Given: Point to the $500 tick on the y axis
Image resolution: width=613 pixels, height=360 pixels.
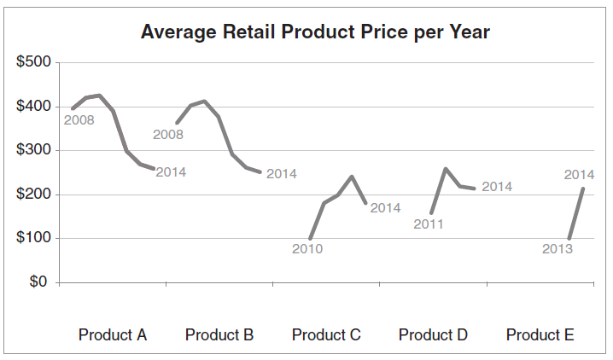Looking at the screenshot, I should coord(34,63).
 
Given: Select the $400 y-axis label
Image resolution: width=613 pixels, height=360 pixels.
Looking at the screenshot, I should coord(34,107).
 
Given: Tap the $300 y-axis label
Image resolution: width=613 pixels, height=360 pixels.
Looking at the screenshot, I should coord(34,151).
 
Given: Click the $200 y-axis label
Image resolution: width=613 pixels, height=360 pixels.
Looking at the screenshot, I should coord(34,195).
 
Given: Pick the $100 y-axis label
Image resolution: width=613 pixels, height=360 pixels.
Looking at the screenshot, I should coord(34,239).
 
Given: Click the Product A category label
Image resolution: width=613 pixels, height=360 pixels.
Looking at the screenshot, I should coord(113,334).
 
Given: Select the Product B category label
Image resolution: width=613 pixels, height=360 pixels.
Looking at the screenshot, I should coord(219,334).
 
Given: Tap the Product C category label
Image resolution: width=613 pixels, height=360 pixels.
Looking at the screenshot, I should coord(326,334).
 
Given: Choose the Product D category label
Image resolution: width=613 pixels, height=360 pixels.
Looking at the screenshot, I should coord(433,334).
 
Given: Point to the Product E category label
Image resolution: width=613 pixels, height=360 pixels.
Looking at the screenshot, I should coord(540,334).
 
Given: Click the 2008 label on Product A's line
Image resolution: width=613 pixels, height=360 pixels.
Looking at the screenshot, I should coord(79,120).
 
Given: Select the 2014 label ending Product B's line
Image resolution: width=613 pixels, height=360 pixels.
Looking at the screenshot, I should coord(281,174).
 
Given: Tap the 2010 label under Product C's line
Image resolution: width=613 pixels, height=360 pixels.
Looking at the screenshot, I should coord(307,249).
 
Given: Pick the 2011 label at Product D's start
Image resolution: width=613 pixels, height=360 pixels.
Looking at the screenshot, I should coord(429,224).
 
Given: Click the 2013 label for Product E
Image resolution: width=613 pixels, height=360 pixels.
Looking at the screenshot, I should coord(558,249).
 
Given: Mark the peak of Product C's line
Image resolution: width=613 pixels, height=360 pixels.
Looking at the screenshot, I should coord(352,177).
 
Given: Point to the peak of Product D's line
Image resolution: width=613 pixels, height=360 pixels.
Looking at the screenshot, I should coord(446,169).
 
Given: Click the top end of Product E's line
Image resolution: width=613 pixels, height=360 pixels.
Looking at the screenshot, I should coord(583,189).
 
